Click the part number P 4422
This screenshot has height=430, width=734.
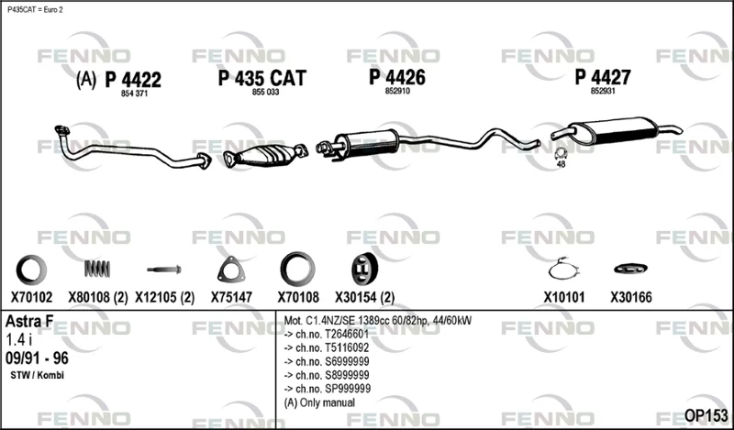133,80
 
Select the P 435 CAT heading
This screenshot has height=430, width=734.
262,78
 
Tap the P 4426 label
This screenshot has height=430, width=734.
397,77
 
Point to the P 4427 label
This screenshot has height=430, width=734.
603,77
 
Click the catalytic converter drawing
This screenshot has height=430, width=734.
265,155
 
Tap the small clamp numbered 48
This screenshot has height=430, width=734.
561,153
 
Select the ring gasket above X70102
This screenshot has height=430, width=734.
31,270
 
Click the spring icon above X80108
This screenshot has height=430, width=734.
97,269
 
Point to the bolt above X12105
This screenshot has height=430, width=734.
164,270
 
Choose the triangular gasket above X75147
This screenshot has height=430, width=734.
231,270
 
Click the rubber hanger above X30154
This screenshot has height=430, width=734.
364,270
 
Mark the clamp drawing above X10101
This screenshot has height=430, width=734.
564,269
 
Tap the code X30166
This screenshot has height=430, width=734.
630,297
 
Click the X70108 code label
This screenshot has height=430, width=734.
298,297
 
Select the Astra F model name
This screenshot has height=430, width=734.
29,322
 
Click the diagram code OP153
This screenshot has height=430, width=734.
706,415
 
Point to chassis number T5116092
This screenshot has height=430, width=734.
327,347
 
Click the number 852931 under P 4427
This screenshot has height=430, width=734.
603,92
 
